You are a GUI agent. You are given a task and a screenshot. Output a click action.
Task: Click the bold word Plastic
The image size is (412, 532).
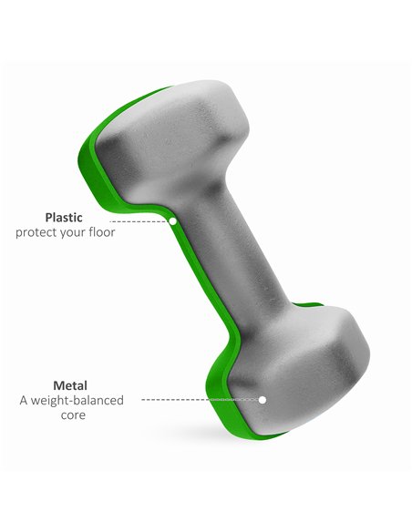64,218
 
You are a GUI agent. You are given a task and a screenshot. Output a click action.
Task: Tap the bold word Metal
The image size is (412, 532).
70,385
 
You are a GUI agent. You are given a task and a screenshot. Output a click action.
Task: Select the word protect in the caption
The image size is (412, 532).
36,233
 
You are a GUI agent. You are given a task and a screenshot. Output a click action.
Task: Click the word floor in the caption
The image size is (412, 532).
102,232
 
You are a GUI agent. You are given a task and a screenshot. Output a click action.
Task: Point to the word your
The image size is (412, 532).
73,234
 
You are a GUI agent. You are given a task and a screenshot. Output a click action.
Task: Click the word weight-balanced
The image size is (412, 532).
77,401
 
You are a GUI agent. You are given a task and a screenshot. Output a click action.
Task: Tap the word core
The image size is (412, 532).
73,415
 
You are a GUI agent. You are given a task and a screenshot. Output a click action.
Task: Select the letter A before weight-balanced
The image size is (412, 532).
24,401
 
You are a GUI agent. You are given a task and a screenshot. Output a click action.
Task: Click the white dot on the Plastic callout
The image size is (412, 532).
173,221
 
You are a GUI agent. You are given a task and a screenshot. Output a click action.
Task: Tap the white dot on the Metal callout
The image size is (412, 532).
262,400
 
